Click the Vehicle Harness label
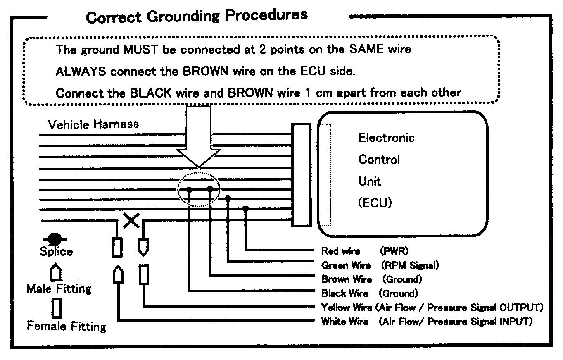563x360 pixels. (x=93, y=124)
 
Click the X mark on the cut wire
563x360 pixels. (x=132, y=220)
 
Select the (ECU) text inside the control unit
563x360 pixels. (x=375, y=203)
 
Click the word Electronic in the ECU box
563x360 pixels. (x=386, y=138)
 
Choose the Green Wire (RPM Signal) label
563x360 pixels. (x=380, y=265)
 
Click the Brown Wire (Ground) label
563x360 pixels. (x=371, y=279)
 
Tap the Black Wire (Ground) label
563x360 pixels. (x=369, y=293)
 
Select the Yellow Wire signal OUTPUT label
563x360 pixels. (x=432, y=308)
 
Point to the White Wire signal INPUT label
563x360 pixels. (x=426, y=322)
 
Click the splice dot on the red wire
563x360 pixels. (x=246, y=209)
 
